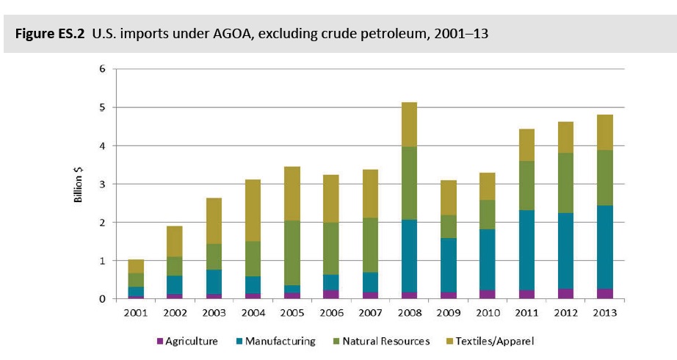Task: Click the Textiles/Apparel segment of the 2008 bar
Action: coord(404,124)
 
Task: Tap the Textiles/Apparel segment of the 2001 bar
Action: coord(137,266)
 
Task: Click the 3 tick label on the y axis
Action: coord(104,184)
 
